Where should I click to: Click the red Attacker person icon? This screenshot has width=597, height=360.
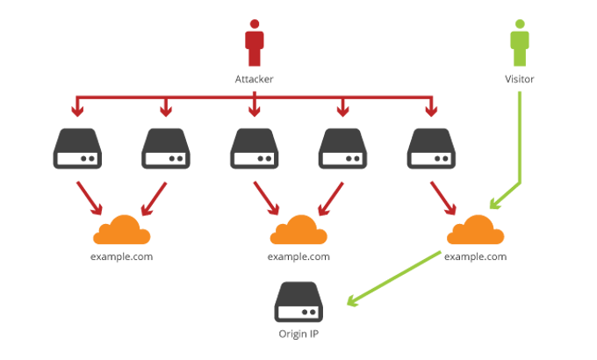[255, 45]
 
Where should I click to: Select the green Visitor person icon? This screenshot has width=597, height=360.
[520, 45]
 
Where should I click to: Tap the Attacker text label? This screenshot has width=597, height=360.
[255, 79]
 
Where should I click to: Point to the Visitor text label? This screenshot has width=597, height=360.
[520, 79]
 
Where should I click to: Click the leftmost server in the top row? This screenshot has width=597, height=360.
[78, 148]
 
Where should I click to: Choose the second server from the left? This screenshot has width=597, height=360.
[166, 148]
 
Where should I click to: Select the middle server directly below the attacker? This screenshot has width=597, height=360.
[255, 148]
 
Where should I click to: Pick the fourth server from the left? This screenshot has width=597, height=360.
[342, 148]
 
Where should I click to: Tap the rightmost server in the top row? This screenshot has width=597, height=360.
[430, 148]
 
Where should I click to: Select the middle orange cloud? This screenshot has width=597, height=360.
[298, 231]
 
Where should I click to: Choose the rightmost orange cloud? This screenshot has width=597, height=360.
[476, 231]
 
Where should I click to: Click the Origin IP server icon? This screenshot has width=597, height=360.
[298, 302]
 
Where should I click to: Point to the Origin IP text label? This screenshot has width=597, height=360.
[298, 335]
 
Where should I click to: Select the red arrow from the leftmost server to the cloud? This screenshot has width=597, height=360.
[90, 197]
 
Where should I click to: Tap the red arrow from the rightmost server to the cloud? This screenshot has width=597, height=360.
[442, 197]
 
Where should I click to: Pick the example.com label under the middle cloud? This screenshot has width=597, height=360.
[298, 257]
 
